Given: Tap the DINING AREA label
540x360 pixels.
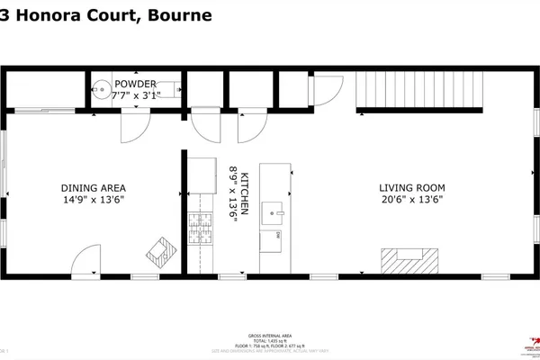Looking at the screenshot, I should pyautogui.click(x=92, y=188).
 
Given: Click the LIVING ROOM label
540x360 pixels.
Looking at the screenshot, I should pyautogui.click(x=411, y=188).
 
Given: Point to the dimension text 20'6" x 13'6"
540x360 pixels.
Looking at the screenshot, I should pyautogui.click(x=411, y=200).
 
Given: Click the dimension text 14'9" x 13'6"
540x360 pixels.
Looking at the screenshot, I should pyautogui.click(x=92, y=200).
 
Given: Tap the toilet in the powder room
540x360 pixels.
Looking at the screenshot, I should pyautogui.click(x=104, y=90).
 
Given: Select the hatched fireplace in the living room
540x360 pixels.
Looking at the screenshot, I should pyautogui.click(x=409, y=260).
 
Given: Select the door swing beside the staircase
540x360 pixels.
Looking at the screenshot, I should pyautogui.click(x=329, y=88).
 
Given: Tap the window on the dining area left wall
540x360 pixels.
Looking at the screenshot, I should pyautogui.click(x=4, y=162).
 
